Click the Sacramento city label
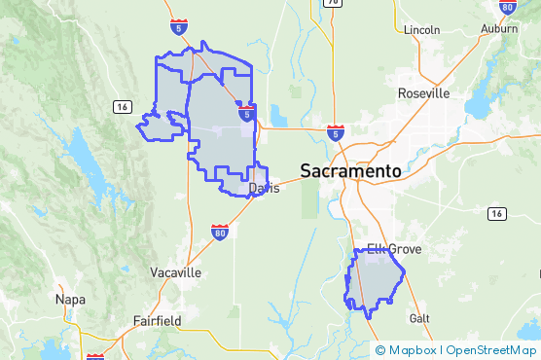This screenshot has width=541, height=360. [350, 170]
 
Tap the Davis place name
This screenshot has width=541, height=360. [264, 188]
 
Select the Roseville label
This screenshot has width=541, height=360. [424, 93]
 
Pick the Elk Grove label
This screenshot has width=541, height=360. [393, 250]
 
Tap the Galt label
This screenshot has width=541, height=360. [419, 318]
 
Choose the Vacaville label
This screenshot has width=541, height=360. [176, 272]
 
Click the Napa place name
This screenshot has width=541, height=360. [71, 300]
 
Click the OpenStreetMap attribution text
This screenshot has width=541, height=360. [491, 349]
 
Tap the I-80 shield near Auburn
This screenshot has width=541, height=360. [506, 7]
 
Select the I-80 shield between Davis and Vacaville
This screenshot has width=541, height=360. [220, 232]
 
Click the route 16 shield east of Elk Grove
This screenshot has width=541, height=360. [496, 212]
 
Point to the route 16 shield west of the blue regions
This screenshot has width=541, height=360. [122, 106]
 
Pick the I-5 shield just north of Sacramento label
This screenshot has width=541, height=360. [335, 130]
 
